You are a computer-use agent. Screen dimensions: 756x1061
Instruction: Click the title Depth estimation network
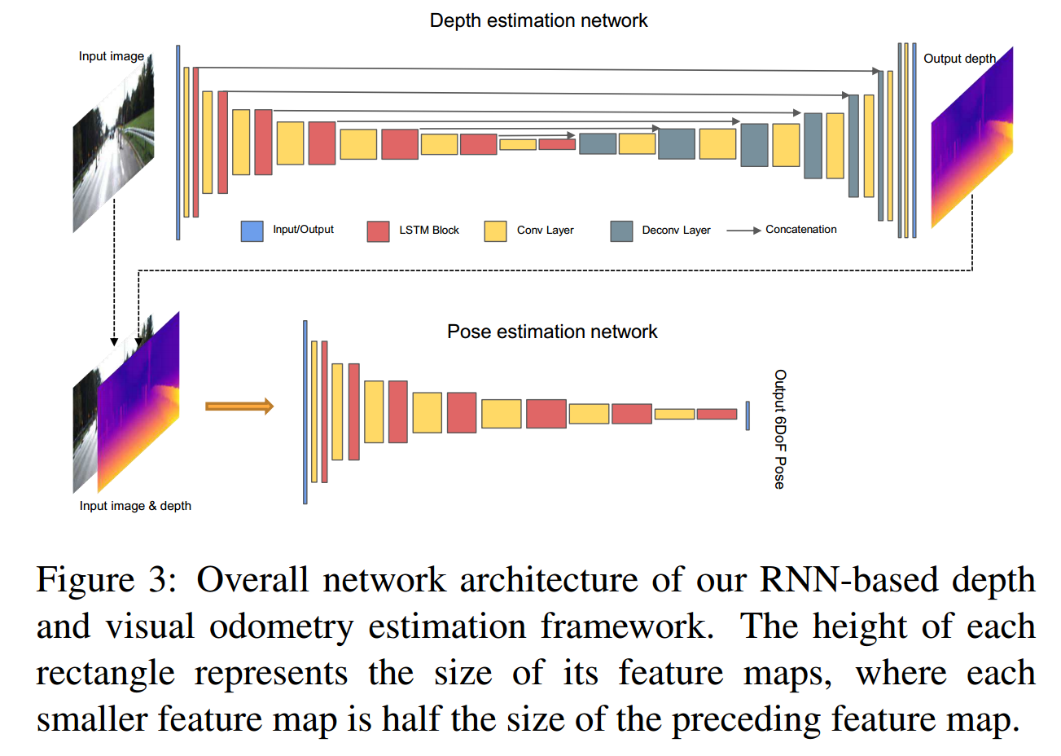[x=538, y=20]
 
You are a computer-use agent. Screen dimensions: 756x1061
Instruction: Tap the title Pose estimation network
[x=552, y=332]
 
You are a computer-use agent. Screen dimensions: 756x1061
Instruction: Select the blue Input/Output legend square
[x=252, y=231]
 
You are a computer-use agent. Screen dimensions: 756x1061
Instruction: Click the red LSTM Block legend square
[x=378, y=231]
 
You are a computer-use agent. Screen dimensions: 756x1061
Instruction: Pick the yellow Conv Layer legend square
[x=495, y=231]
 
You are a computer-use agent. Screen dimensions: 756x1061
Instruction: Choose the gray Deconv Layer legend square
[x=621, y=231]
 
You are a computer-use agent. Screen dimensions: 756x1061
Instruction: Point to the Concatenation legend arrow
[x=743, y=231]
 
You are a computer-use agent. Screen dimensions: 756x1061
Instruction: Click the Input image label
[x=111, y=56]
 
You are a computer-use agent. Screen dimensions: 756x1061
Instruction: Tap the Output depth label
[x=959, y=59]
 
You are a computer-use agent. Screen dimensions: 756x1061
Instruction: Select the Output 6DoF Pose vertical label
[x=780, y=429]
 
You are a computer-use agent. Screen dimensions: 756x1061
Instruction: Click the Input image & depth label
[x=135, y=506]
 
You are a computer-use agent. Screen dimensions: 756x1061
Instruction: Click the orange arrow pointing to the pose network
[x=239, y=407]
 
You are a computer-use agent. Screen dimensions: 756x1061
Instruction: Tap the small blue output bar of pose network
[x=748, y=415]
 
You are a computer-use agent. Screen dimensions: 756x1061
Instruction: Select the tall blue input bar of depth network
[x=178, y=143]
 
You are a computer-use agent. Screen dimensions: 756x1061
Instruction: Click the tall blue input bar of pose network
[x=305, y=411]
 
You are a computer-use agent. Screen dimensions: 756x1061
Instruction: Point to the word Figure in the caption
[x=85, y=581]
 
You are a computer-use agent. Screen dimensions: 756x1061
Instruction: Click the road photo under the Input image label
[x=113, y=151]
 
